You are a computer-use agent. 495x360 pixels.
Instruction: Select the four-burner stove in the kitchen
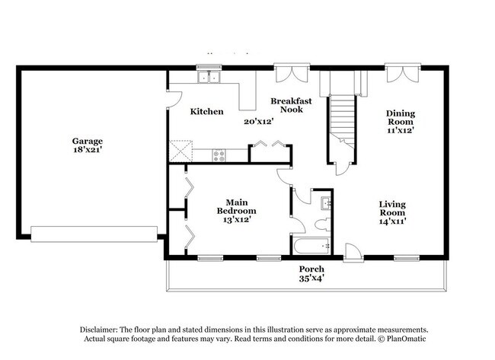pos(220,155)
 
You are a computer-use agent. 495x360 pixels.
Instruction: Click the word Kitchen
pos(206,112)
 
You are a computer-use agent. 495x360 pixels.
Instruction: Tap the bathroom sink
pos(325,202)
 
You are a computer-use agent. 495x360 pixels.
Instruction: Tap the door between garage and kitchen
pos(174,98)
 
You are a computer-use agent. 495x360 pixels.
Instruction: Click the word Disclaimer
pos(103,329)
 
